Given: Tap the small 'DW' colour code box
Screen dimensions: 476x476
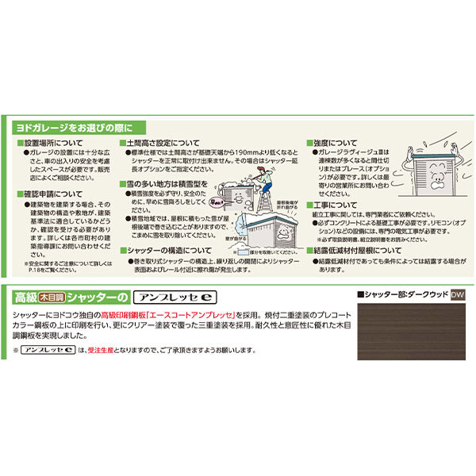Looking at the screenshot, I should (x=456, y=295).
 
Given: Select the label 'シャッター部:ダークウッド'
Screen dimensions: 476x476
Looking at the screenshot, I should (x=402, y=295).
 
